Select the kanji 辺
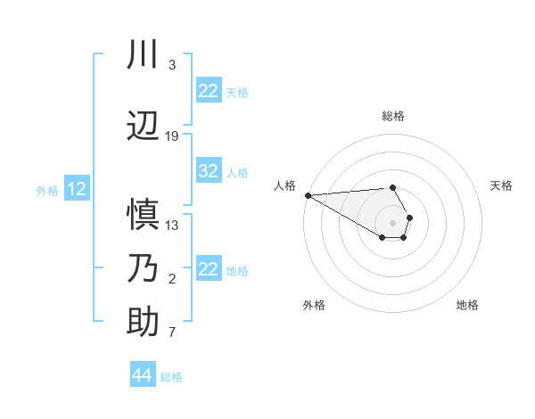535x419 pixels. pyautogui.click(x=143, y=127)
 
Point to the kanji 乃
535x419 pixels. pyautogui.click(x=143, y=269)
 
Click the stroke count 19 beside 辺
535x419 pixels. pyautogui.click(x=172, y=136)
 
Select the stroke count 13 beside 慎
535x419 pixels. pyautogui.click(x=172, y=225)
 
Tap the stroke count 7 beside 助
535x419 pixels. pyautogui.click(x=172, y=333)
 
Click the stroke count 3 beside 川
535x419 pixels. pyautogui.click(x=172, y=65)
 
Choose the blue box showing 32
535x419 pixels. pyautogui.click(x=208, y=171)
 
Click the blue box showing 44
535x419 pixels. pyautogui.click(x=142, y=375)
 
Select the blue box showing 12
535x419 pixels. pyautogui.click(x=77, y=189)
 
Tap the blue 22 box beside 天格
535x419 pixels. pyautogui.click(x=208, y=91)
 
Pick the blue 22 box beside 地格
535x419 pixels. pyautogui.click(x=208, y=269)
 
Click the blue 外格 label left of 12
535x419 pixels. pyautogui.click(x=47, y=190)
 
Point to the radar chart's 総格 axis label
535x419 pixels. pyautogui.click(x=393, y=116)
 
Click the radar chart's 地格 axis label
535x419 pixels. pyautogui.click(x=467, y=305)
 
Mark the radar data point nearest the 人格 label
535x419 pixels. pyautogui.click(x=307, y=195)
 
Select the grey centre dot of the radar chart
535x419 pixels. pyautogui.click(x=393, y=222)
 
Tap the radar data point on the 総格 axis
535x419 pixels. pyautogui.click(x=393, y=187)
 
